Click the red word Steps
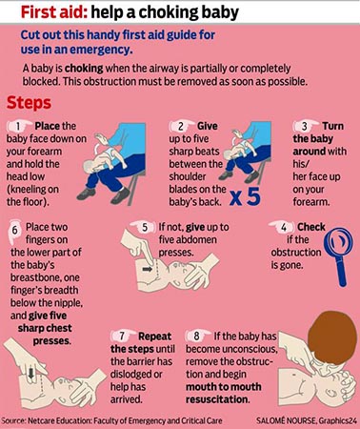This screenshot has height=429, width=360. click(29, 103)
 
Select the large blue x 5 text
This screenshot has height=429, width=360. click(245, 196)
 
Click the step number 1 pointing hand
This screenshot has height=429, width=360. click(20, 126)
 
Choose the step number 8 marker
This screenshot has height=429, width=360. click(198, 336)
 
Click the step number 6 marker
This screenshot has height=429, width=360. click(14, 232)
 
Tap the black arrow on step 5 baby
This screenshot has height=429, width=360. click(148, 269)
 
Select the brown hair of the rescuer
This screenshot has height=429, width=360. click(331, 337)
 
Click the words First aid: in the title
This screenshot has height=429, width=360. click(54, 12)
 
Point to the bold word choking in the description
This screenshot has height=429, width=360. click(84, 69)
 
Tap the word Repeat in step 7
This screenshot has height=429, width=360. click(154, 337)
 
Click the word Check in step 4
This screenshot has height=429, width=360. click(311, 227)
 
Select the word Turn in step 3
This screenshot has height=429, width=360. click(333, 126)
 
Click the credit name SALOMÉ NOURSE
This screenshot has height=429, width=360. click(286, 420)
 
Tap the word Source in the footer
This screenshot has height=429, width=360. click(12, 420)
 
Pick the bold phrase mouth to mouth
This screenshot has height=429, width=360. click(224, 387)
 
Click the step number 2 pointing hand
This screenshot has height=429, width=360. click(182, 126)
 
